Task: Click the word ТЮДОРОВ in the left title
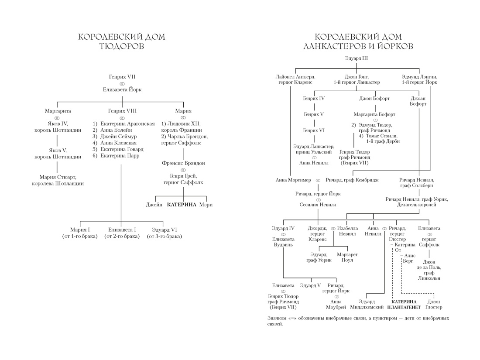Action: (122, 46)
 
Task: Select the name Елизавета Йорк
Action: (122, 89)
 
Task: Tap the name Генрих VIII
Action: (122, 111)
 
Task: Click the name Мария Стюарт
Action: (58, 177)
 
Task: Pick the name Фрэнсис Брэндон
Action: (183, 163)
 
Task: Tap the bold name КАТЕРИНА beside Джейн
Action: (182, 205)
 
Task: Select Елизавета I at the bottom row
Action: (122, 230)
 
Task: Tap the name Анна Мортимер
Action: (293, 180)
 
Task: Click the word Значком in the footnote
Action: (278, 318)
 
